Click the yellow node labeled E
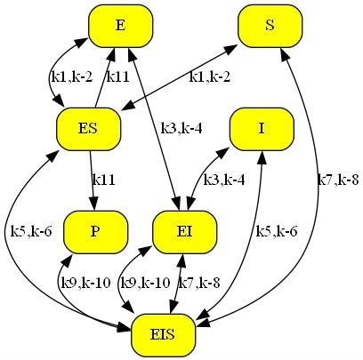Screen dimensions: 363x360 (120, 26)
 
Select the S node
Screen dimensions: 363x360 (270, 26)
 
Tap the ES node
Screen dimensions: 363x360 (88, 129)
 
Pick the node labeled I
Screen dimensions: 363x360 (262, 129)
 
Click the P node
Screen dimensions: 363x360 (95, 232)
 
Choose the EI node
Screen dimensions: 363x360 (184, 232)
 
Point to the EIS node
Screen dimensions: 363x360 (163, 335)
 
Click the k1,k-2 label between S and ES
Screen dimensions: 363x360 (210, 77)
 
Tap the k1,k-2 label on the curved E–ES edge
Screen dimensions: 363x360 (72, 77)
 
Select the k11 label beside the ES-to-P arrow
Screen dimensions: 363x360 (103, 180)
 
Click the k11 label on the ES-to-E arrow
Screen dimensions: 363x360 (117, 77)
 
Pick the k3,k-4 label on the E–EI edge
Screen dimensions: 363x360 (181, 129)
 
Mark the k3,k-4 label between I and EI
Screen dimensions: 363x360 (224, 180)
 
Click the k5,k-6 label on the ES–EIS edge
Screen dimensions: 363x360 (31, 231)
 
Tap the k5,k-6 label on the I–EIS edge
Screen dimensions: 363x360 (277, 231)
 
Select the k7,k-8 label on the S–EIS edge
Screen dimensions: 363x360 (338, 180)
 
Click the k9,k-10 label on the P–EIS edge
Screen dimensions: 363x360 (85, 283)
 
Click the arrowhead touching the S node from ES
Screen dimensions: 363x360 (231, 49)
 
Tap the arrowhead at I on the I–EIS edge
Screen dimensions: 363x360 (262, 158)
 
